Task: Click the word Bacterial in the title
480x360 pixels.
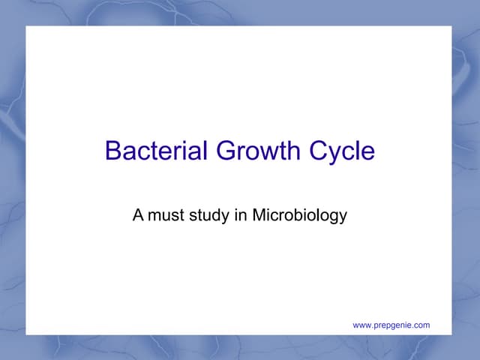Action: click(x=157, y=151)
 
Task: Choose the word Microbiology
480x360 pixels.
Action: click(x=299, y=216)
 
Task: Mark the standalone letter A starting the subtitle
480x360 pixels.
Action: click(x=138, y=216)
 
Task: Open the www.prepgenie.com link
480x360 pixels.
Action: click(x=391, y=325)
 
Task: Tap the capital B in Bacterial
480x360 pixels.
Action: click(x=113, y=151)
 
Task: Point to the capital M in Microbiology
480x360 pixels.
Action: click(x=258, y=216)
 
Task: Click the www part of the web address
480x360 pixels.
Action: click(x=361, y=325)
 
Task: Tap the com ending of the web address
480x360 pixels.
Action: click(x=422, y=325)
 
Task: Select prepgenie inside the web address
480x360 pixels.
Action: click(x=392, y=325)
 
